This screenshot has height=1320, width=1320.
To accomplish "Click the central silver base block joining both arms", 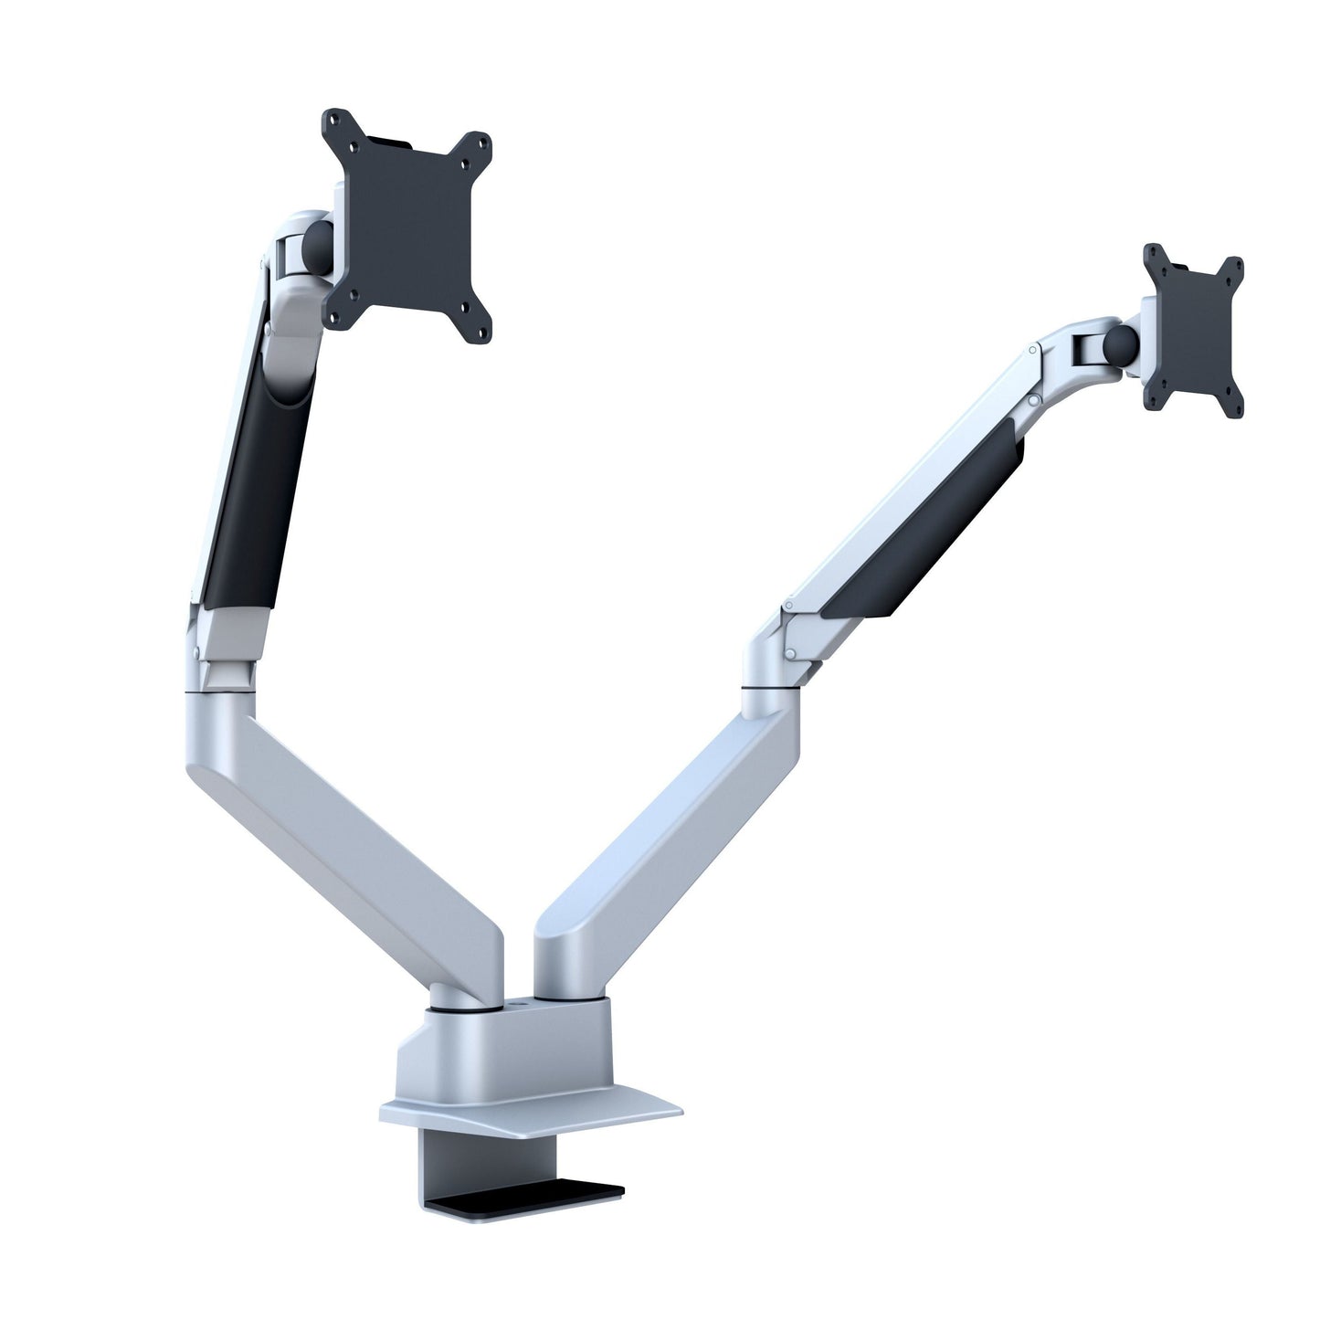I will tap(512, 1051).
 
